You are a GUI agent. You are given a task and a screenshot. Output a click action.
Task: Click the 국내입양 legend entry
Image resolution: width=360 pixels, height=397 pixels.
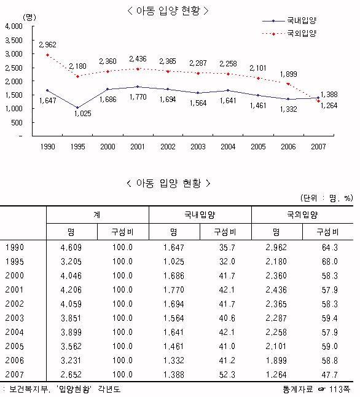(x=289, y=20)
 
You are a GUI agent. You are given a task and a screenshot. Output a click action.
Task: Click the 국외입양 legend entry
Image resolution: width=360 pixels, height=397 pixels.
(x=289, y=33)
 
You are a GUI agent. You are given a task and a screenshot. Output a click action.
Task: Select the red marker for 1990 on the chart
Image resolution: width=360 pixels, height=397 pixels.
(x=47, y=55)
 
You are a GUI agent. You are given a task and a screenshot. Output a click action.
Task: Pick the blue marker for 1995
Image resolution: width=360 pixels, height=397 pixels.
(x=77, y=108)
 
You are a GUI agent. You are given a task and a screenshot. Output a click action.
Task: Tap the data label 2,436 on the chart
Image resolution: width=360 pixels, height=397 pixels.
(x=138, y=59)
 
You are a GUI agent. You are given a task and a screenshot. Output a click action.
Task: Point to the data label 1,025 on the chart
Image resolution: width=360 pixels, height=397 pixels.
(x=82, y=114)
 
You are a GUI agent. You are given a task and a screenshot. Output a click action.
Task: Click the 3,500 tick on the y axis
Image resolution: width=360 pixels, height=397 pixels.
(x=14, y=41)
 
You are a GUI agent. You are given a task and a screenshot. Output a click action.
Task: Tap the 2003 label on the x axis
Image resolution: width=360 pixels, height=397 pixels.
(x=198, y=147)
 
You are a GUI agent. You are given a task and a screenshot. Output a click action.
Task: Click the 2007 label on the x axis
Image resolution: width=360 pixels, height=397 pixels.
(x=318, y=147)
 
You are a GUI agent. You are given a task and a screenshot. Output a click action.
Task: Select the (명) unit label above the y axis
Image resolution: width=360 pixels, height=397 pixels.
(x=29, y=17)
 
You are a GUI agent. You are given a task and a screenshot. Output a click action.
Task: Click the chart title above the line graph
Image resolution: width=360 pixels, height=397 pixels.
(x=168, y=10)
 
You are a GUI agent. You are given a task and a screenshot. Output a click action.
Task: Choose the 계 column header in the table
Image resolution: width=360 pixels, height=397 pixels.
(x=97, y=215)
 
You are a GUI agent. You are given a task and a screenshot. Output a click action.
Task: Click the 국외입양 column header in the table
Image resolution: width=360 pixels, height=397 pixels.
(x=302, y=215)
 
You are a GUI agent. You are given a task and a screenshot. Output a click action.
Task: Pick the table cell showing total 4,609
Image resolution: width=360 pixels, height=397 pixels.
(x=71, y=248)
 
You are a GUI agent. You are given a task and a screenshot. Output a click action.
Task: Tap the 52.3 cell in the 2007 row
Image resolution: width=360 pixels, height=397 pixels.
(x=227, y=374)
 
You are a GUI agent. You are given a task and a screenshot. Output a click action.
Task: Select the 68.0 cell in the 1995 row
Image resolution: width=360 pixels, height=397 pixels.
(x=330, y=262)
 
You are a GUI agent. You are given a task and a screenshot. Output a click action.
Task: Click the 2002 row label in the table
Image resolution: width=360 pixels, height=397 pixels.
(x=14, y=304)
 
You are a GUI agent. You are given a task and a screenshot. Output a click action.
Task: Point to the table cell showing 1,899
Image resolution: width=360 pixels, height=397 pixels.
(x=276, y=360)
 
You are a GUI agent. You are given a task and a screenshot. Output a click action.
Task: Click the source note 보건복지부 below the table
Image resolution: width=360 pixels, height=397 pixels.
(x=28, y=389)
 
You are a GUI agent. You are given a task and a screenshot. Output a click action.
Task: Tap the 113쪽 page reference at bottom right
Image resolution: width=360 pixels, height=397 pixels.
(x=340, y=389)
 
